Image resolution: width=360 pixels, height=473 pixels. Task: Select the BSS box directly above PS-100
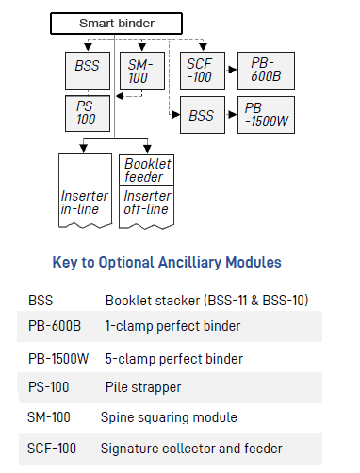click(87, 68)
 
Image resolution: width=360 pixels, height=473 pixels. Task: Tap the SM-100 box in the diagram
click(139, 72)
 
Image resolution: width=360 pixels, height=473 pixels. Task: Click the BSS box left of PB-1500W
click(201, 115)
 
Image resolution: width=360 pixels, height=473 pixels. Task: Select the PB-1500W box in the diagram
click(264, 115)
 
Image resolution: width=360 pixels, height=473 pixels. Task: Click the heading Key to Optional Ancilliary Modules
click(179, 263)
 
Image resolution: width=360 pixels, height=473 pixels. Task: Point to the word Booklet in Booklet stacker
click(126, 300)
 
